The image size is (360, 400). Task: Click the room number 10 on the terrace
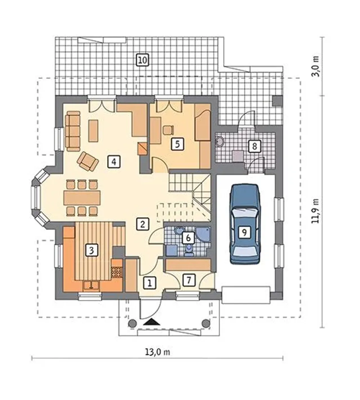143,60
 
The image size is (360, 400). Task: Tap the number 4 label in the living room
114,162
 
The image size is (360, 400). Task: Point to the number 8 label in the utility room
254,146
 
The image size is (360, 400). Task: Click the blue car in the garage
245,224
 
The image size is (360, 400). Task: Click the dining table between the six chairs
82,198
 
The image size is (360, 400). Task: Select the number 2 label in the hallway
143,224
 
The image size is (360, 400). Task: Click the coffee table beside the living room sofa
93,131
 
